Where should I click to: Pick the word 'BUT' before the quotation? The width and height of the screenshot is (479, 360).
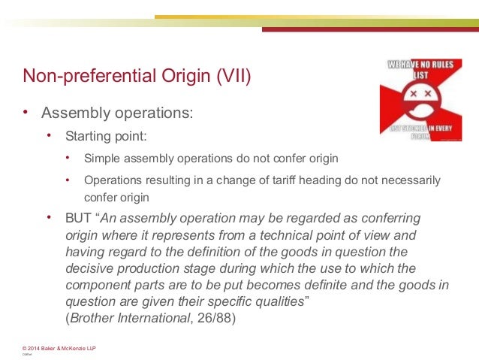click(x=79, y=218)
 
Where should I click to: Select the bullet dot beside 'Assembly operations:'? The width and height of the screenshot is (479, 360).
click(x=25, y=113)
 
